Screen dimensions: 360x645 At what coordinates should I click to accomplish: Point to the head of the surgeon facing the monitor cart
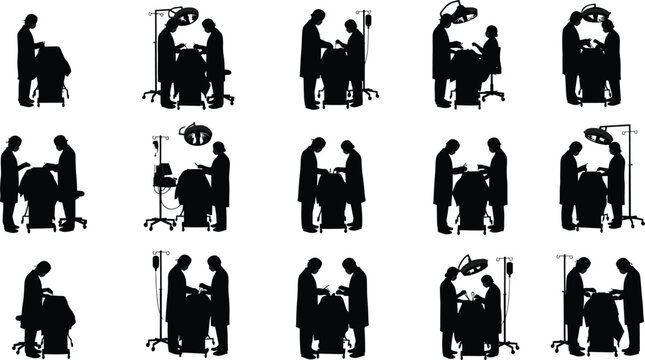pos(218,148)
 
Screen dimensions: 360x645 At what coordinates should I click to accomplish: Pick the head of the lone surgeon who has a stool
pos(42,269)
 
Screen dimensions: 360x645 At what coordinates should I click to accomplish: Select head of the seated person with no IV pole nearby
pos(491,33)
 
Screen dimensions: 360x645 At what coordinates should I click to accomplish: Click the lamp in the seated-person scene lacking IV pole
pos(460,13)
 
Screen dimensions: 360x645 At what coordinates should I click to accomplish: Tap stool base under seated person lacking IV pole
pos(493,97)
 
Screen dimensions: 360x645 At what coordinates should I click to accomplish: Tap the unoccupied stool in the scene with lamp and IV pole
pos(227,96)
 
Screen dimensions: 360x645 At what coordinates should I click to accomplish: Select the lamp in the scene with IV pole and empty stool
pos(183,14)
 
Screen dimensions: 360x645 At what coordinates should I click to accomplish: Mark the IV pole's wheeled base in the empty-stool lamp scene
pos(154,96)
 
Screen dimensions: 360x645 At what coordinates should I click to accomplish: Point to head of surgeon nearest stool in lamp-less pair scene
pos(61,143)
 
